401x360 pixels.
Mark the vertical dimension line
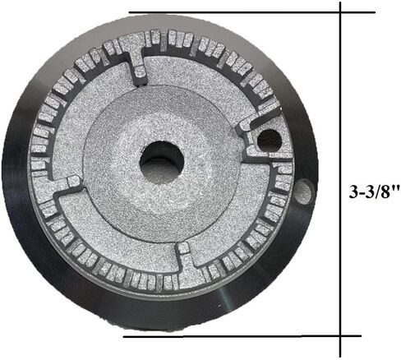point(340,99)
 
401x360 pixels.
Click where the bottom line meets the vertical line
point(340,335)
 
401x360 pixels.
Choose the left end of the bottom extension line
point(123,335)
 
